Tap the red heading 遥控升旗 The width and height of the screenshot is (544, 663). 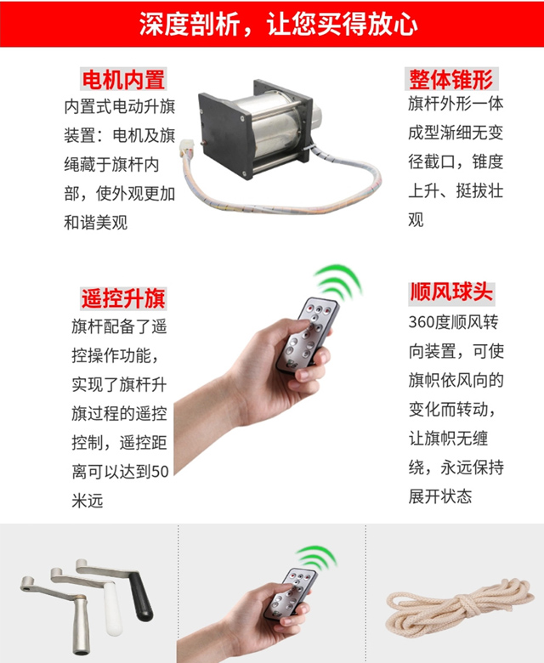[124, 298]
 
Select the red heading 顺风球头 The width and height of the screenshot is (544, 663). [451, 292]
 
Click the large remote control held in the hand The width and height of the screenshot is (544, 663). [309, 336]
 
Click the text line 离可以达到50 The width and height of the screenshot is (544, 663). [120, 472]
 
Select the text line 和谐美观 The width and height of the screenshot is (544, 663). [95, 223]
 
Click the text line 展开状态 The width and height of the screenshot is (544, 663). [439, 496]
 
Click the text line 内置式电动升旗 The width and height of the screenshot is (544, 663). [120, 108]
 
